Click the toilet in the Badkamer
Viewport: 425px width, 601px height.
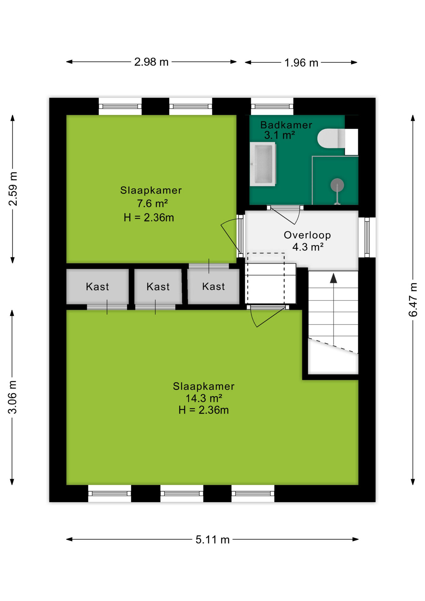[337, 138]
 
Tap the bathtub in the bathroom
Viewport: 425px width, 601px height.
[263, 164]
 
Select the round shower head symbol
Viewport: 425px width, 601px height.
[337, 185]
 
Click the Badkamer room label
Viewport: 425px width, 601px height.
[286, 125]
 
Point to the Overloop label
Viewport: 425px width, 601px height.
[307, 235]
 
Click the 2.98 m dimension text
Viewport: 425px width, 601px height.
[151, 62]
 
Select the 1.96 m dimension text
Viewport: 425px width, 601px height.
[301, 63]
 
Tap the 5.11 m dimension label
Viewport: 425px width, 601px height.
[212, 539]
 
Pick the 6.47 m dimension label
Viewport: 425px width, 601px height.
[413, 300]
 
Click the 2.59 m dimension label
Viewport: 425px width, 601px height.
[13, 189]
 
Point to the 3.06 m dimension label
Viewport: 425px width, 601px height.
[12, 397]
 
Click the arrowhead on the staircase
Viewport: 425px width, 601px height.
[334, 278]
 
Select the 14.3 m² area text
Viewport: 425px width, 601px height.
[204, 398]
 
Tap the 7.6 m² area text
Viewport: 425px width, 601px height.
[152, 204]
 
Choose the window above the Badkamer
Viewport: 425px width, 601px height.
[272, 106]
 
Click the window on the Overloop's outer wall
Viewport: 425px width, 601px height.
[367, 237]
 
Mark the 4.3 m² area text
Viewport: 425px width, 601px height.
[308, 247]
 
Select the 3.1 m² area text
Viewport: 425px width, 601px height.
[279, 135]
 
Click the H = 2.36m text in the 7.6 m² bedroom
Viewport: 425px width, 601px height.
[149, 218]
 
